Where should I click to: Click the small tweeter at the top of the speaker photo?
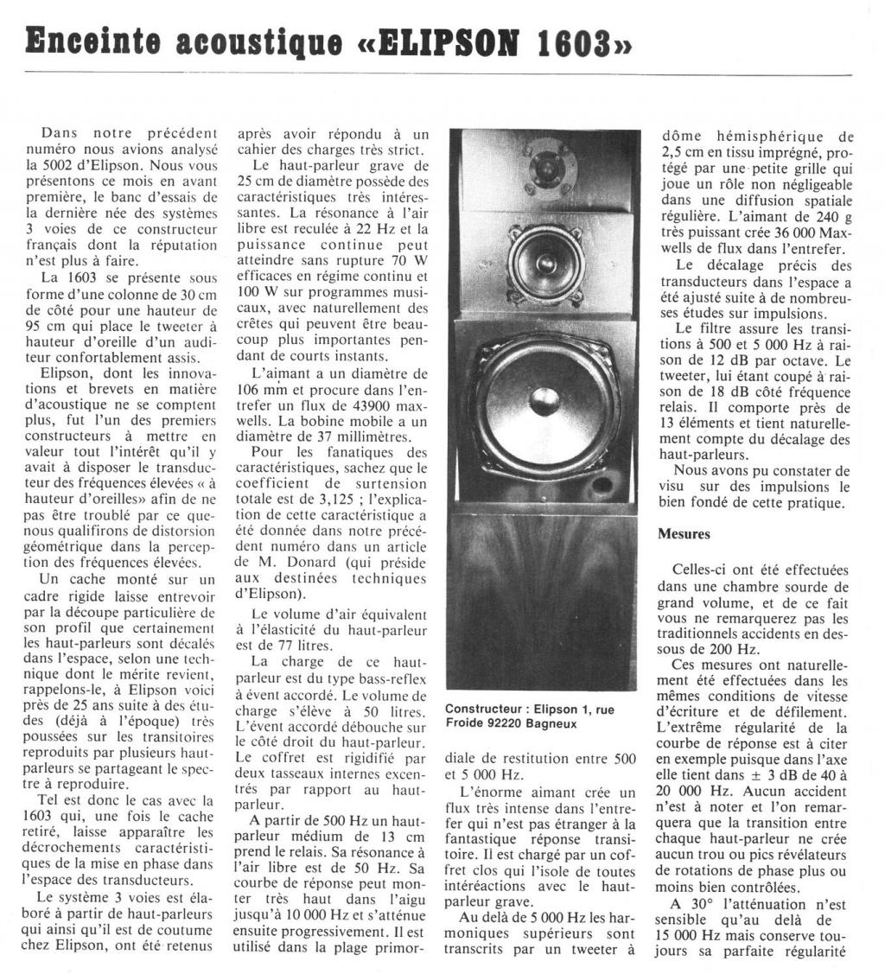[545, 164]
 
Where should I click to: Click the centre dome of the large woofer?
[544, 401]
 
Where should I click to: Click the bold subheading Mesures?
[684, 534]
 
